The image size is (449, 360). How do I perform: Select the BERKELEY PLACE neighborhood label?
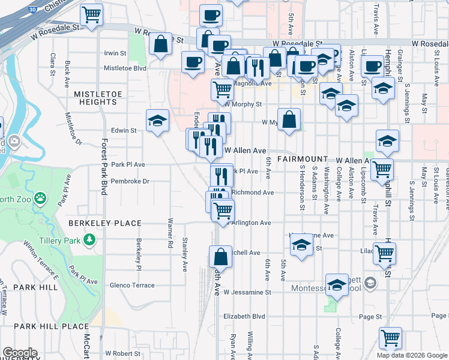[104, 223]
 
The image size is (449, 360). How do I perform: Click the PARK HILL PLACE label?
[51, 326]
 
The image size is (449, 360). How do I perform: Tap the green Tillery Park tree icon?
[90, 241]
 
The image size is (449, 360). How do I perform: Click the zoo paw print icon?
[40, 197]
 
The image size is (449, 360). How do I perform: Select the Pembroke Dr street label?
[130, 181]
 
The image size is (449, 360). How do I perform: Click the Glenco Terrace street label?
[132, 286]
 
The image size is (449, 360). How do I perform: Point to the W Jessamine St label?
[248, 293]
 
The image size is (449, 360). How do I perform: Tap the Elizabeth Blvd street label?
[244, 316]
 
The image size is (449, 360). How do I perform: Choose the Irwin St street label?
[115, 53]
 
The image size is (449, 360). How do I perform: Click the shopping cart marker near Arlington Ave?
[222, 210]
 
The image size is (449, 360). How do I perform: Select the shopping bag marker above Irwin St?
[160, 44]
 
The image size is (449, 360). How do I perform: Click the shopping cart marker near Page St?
[390, 337]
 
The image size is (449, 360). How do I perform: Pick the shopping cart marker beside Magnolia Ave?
[222, 89]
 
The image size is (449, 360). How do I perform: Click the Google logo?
[20, 353]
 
